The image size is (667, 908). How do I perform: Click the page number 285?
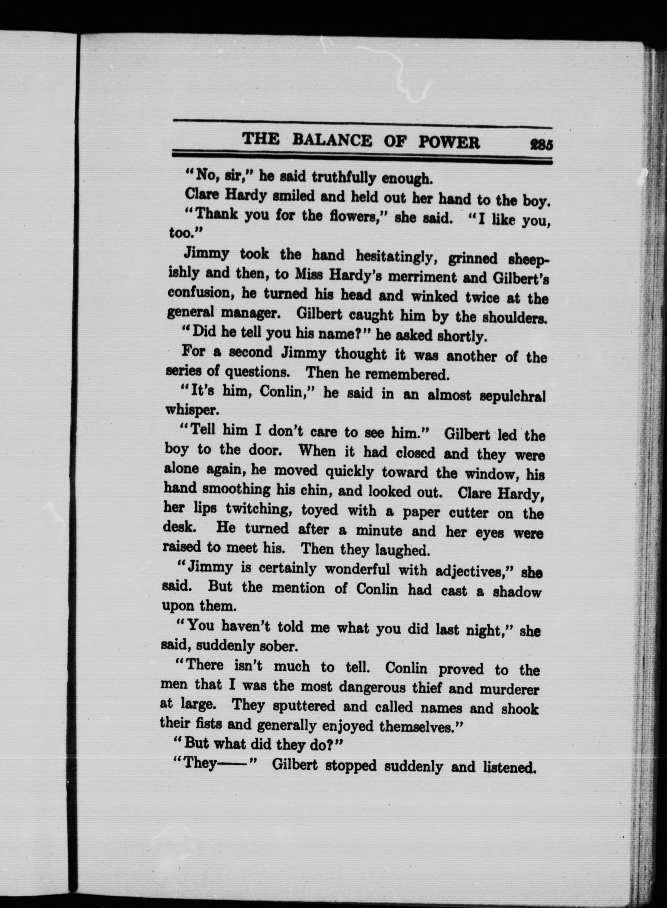[x=541, y=144]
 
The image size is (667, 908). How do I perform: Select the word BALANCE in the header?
[x=332, y=140]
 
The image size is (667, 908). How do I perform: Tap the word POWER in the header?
[x=449, y=142]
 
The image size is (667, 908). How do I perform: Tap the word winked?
[x=435, y=297]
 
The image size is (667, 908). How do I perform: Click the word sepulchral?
[x=512, y=396]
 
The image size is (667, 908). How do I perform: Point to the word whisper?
[x=192, y=410]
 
